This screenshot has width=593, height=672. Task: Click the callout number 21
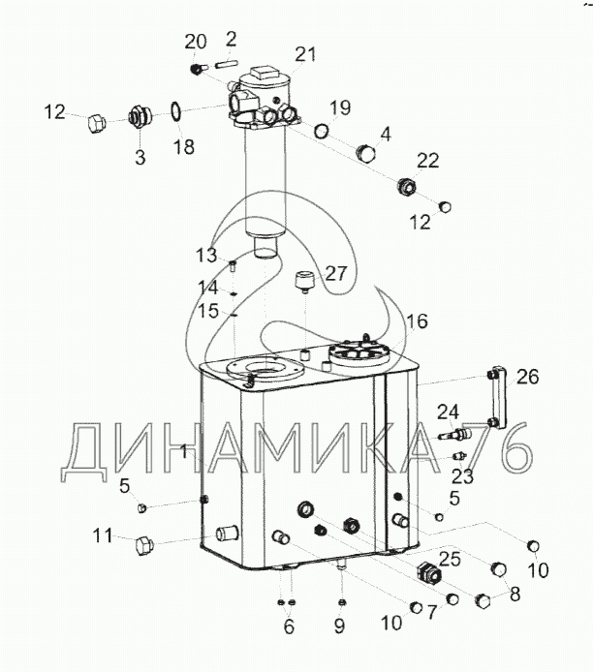(x=305, y=54)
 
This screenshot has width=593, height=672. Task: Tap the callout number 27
(x=335, y=273)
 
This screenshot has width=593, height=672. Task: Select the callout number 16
(x=417, y=321)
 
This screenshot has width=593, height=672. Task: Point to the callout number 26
(x=527, y=377)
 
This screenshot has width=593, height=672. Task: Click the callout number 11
(x=103, y=535)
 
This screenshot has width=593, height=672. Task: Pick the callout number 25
(x=450, y=559)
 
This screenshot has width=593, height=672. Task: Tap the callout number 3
(x=140, y=157)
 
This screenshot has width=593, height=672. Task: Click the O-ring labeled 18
(x=175, y=111)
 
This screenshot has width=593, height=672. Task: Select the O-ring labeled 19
(x=322, y=131)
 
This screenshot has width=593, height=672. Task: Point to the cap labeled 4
(x=366, y=153)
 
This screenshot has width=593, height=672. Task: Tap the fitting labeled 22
(x=406, y=186)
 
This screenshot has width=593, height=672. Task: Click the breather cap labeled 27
(x=304, y=281)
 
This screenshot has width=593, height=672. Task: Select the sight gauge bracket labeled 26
(x=497, y=396)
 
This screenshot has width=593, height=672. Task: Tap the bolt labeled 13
(x=233, y=265)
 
